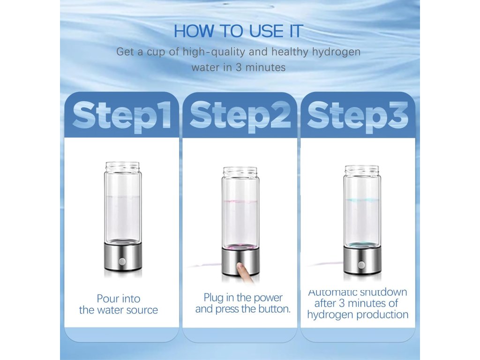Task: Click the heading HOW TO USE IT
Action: pyautogui.click(x=238, y=31)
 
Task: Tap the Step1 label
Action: pyautogui.click(x=121, y=116)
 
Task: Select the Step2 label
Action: pyautogui.click(x=240, y=116)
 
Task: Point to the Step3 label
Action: pyautogui.click(x=358, y=116)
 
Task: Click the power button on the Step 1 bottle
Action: pyautogui.click(x=122, y=262)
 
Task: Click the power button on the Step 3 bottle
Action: pyautogui.click(x=361, y=264)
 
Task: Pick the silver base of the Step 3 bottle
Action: pyautogui.click(x=362, y=260)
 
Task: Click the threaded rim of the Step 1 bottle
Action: pyautogui.click(x=122, y=167)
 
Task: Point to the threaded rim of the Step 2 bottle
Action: pyautogui.click(x=240, y=172)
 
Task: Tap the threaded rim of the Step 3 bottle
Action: pyautogui.click(x=362, y=170)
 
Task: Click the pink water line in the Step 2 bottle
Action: pyautogui.click(x=240, y=202)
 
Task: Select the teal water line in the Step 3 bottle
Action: pyautogui.click(x=362, y=201)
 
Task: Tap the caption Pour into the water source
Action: pyautogui.click(x=119, y=304)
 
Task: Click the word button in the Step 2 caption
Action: pyautogui.click(x=274, y=309)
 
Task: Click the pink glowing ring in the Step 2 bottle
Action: pyautogui.click(x=240, y=246)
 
